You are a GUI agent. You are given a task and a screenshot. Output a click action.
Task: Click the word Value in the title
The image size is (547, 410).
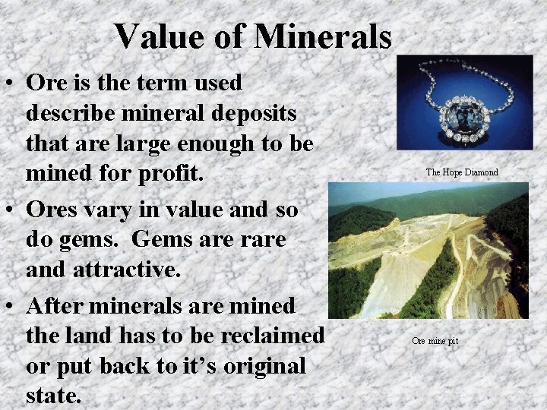click(156, 36)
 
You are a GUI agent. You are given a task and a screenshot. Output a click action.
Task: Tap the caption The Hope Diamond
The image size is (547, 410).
click(462, 172)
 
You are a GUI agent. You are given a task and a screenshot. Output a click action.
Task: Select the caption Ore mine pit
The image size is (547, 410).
click(435, 341)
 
